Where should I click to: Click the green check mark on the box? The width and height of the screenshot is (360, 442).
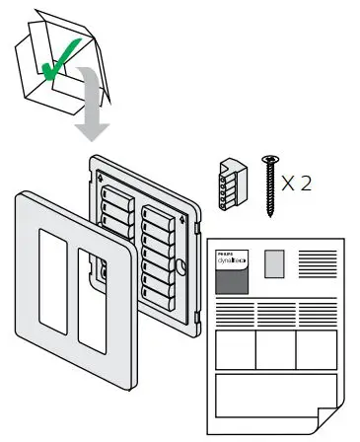point(61,65)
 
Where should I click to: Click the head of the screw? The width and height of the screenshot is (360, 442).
point(267,159)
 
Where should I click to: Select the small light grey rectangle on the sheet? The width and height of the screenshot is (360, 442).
point(275,262)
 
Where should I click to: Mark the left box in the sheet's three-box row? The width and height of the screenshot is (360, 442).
point(235,348)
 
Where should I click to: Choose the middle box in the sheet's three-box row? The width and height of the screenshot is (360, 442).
point(275,348)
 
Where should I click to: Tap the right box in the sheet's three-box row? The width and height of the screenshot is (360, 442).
point(317,348)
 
